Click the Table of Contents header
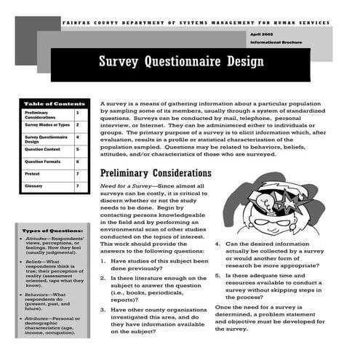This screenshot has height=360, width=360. pyautogui.click(x=49, y=103)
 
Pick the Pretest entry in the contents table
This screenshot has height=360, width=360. pyautogui.click(x=32, y=175)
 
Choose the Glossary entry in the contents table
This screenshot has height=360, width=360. pyautogui.click(x=33, y=186)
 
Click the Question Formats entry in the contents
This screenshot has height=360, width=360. pyautogui.click(x=42, y=161)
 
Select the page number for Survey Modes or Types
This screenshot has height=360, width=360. pyautogui.click(x=78, y=125)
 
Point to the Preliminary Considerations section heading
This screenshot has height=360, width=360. pyautogui.click(x=155, y=174)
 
